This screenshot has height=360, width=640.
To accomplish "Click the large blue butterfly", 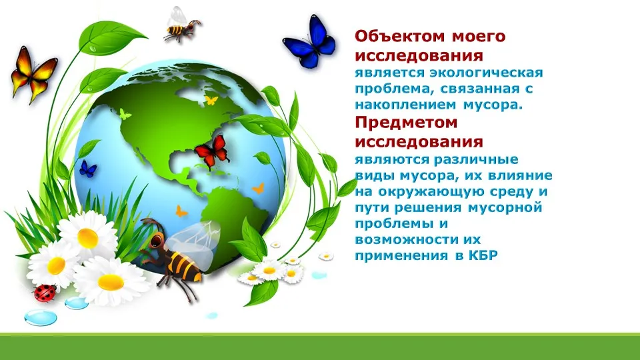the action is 309,42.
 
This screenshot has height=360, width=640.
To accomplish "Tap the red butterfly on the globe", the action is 212,151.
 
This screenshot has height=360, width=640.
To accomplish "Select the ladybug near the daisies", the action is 45,293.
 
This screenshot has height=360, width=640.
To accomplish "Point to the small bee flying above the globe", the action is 181,25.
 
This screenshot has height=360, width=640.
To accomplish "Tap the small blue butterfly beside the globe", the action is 88,169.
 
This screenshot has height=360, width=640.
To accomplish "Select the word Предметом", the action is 406,123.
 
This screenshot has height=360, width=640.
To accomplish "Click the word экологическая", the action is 486,73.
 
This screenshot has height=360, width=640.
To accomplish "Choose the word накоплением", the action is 405,105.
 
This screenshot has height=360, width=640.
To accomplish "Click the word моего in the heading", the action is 479,36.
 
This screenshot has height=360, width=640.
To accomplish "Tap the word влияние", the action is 519,175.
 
